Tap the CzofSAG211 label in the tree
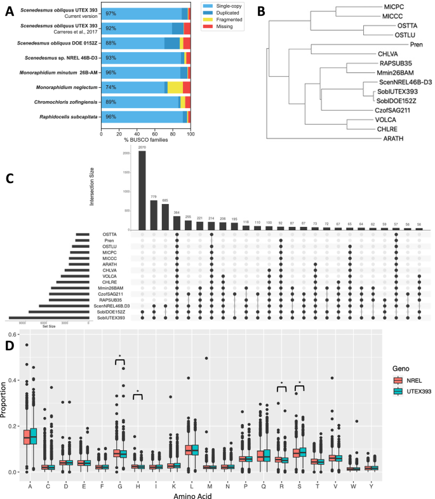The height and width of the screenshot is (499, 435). coord(391,109)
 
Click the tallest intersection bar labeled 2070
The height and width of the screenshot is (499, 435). coord(142,190)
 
